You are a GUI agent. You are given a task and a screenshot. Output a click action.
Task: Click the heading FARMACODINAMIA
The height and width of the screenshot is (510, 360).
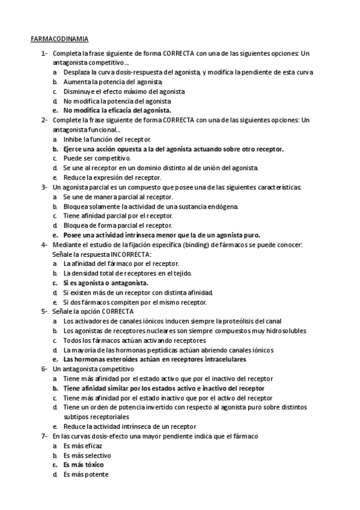coord(59,39)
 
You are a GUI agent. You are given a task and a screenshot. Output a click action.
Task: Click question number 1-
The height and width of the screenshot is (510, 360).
coord(44,53)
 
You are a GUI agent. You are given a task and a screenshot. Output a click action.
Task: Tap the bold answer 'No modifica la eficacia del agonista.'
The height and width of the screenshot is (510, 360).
coord(117,111)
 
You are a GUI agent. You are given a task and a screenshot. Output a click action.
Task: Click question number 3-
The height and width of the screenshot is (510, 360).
coord(44,187)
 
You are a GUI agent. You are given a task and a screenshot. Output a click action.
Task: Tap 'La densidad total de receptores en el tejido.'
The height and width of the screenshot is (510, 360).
coord(127,273)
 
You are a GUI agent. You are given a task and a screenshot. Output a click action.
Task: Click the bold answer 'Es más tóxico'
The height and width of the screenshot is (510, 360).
coord(84,465)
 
